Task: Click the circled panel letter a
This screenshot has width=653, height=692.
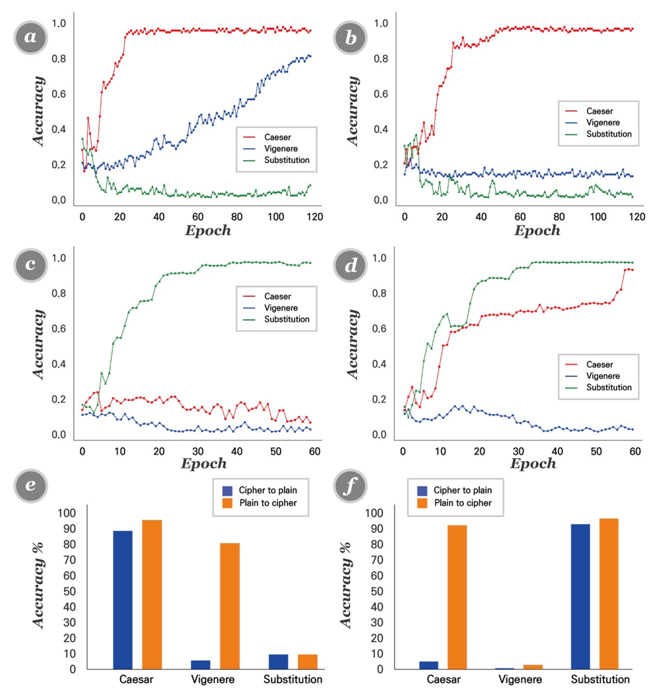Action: [31, 37]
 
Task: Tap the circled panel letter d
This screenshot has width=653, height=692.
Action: [350, 265]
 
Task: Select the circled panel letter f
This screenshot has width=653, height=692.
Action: [350, 485]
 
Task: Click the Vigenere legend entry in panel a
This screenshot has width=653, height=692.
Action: [281, 149]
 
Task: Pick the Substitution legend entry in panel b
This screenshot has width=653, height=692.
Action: [608, 134]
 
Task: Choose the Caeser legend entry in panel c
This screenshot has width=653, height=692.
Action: [277, 296]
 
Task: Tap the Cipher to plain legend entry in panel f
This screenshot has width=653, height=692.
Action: [462, 490]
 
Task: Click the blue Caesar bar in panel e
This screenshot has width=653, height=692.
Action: [123, 600]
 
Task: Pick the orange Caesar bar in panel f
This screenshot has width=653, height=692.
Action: [457, 597]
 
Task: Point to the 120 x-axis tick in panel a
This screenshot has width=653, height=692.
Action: [315, 217]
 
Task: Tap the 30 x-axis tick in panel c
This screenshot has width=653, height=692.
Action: [198, 452]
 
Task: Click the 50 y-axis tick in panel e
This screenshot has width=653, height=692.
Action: [70, 591]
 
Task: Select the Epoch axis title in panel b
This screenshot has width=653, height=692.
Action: [537, 231]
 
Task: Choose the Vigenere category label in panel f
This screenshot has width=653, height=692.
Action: [520, 679]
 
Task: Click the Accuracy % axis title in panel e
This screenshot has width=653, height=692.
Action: [39, 585]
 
